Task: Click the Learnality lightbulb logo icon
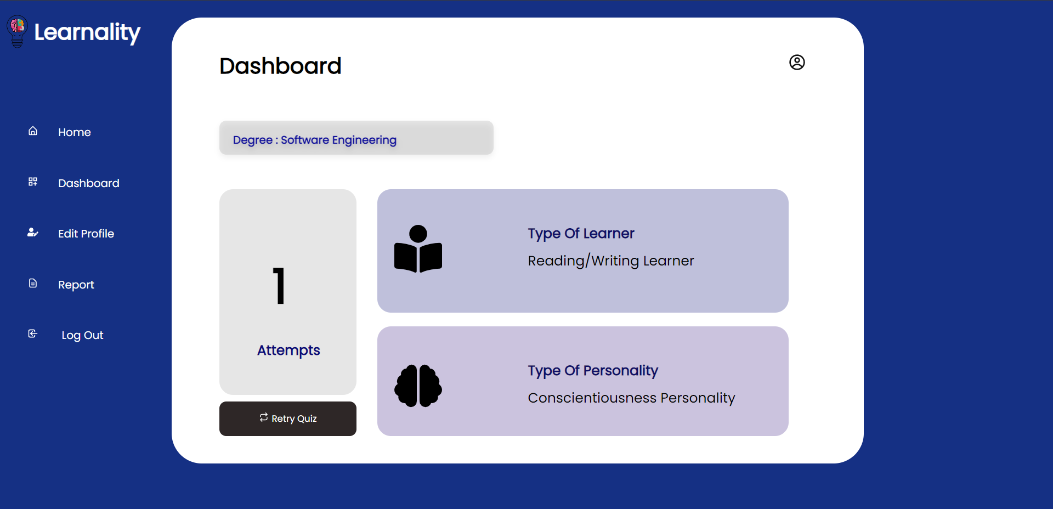pos(17,31)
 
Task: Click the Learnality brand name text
pos(87,32)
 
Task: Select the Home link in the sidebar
pos(75,132)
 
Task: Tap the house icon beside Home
pos(33,131)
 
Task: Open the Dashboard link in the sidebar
pos(89,183)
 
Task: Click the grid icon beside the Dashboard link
pos(33,182)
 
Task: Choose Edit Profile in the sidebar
pos(86,234)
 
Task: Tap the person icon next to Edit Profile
pos(33,233)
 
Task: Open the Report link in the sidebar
pos(76,285)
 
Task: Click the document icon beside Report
pos(33,283)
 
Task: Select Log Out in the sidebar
pos(82,335)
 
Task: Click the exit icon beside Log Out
pos(33,333)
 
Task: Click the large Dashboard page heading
pos(280,66)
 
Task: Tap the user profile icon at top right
pos(797,63)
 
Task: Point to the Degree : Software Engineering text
pos(315,140)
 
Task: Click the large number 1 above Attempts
pos(280,286)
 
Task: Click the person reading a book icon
pos(418,249)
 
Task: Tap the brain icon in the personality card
pos(418,386)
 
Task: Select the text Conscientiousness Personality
pos(631,398)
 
